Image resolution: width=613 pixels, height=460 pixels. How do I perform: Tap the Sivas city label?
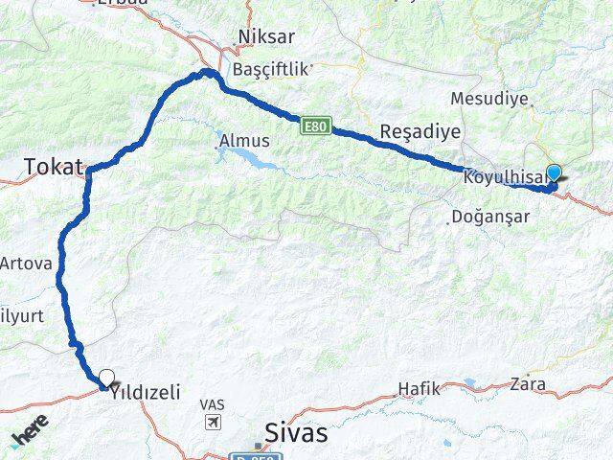click(295, 432)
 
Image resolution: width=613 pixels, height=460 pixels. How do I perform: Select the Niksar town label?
click(268, 37)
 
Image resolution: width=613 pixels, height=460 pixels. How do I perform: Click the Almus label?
click(244, 141)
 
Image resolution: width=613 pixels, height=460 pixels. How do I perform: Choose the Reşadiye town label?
click(420, 130)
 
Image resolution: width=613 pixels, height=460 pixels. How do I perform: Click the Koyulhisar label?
click(502, 177)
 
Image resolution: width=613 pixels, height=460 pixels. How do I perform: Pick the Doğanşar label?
click(489, 217)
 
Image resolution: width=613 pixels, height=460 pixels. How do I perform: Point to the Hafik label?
click(419, 388)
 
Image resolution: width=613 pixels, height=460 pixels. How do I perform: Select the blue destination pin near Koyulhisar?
click(553, 173)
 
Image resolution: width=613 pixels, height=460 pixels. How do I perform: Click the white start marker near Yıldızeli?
click(106, 377)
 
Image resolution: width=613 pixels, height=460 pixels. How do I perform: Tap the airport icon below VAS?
click(213, 422)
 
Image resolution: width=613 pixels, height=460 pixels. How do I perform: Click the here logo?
click(29, 436)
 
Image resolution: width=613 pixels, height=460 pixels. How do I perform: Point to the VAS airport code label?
click(213, 405)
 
